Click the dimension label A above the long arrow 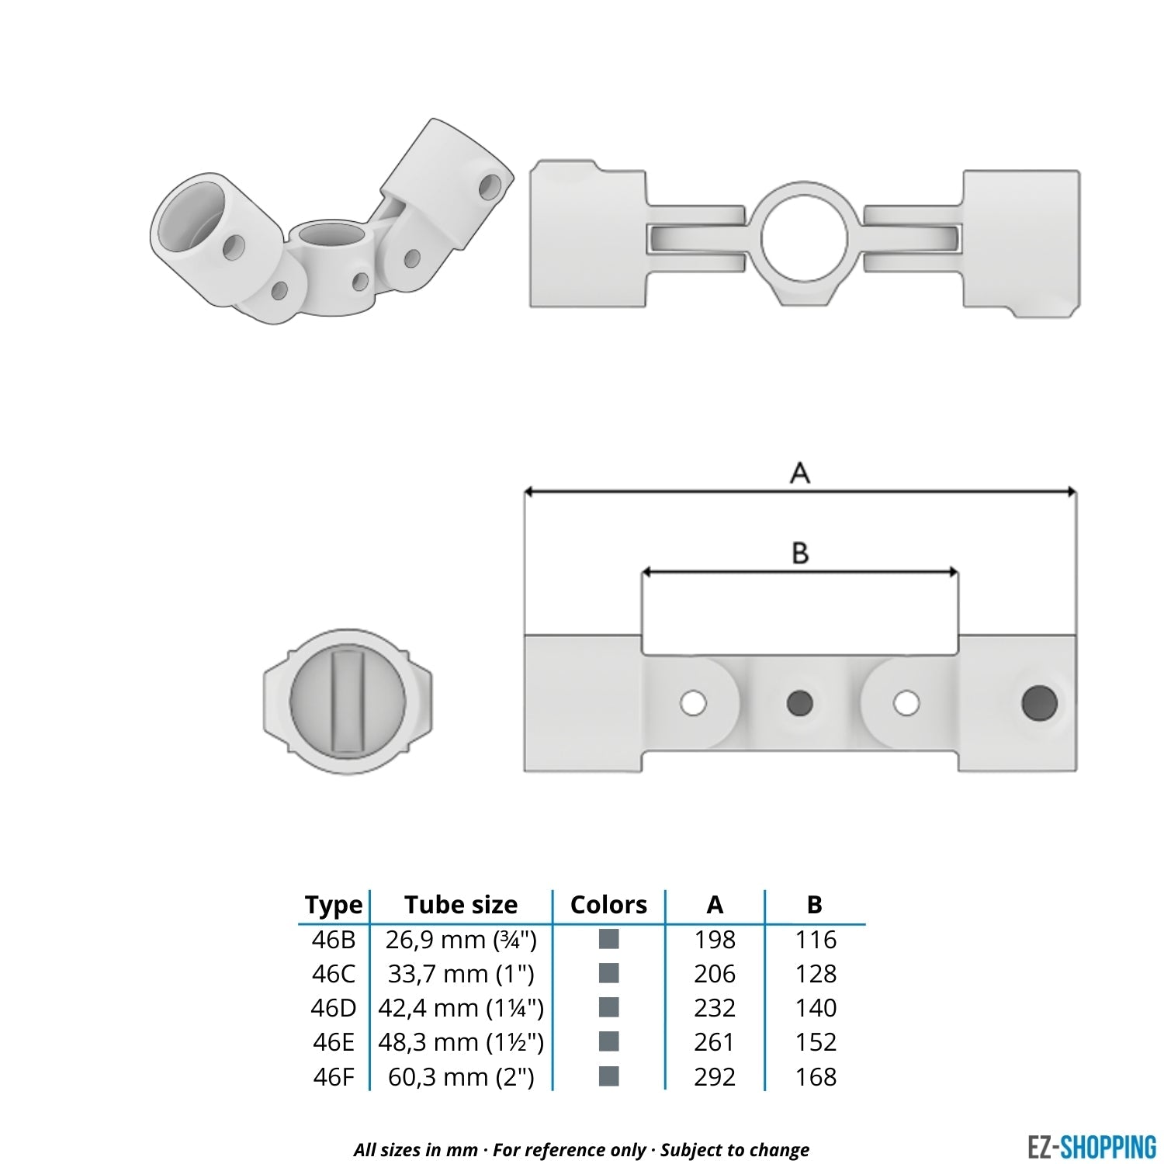[800, 472]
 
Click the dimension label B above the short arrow [800, 553]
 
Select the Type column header [334, 905]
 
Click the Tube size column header [461, 905]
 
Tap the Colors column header [608, 905]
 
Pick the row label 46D [334, 1008]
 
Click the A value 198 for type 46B [715, 940]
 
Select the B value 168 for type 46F [816, 1077]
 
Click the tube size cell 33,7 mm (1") [461, 974]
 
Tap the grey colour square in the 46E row [609, 1041]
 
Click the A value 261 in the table [715, 1042]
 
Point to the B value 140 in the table [816, 1008]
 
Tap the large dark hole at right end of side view [1040, 703]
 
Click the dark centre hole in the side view [800, 703]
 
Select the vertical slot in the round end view [348, 702]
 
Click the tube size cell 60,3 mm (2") [461, 1077]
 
